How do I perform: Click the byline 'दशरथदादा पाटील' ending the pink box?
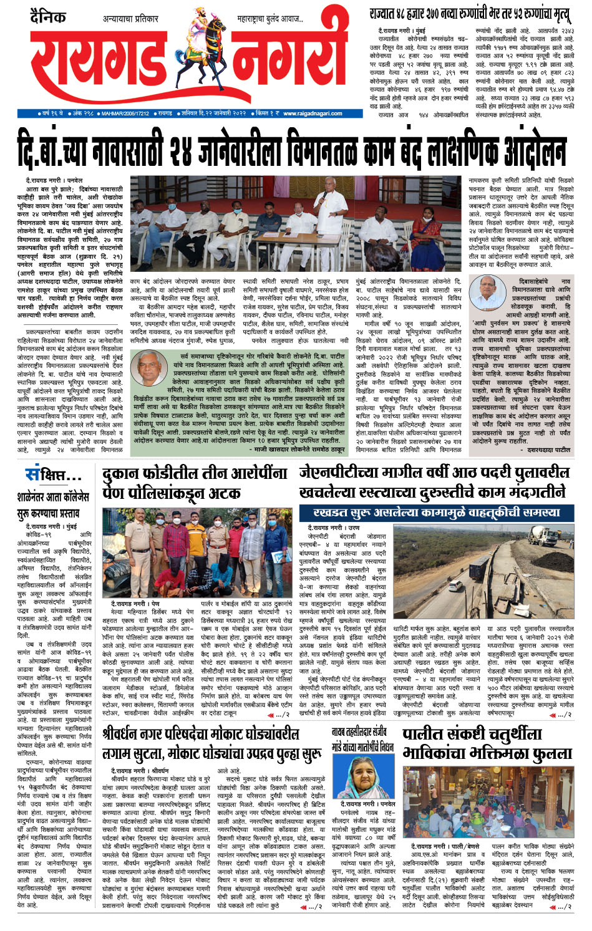point(548,449)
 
